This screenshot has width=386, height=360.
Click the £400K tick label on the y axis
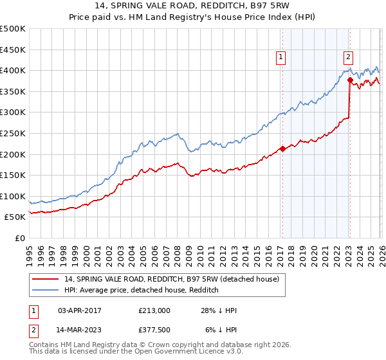click(x=13, y=70)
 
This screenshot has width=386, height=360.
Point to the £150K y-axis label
click(x=13, y=175)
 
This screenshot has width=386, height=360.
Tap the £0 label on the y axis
click(x=19, y=238)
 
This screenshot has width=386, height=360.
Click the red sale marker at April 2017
click(x=282, y=149)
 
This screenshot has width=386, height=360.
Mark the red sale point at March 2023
click(x=350, y=80)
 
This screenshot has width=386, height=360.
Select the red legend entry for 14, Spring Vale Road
click(x=171, y=279)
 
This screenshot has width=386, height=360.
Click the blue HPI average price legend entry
click(x=142, y=291)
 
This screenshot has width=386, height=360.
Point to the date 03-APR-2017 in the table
click(x=80, y=310)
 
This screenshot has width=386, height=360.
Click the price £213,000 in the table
click(x=154, y=310)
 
